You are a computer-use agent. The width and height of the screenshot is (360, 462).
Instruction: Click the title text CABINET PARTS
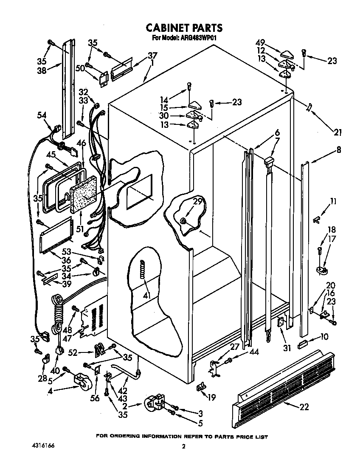184,28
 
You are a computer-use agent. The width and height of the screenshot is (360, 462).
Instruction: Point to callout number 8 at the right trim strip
338,150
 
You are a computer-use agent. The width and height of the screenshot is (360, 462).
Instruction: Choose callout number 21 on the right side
337,132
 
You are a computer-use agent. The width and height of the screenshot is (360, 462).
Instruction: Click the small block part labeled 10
303,343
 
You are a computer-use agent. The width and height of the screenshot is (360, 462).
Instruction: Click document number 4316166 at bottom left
43,445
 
